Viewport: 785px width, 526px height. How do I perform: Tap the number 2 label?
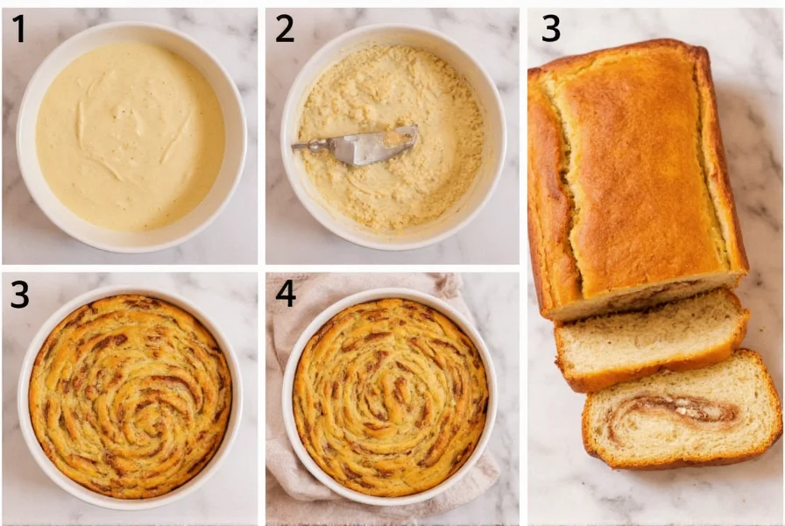[285, 30]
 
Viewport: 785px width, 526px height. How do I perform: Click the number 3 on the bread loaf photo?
[550, 30]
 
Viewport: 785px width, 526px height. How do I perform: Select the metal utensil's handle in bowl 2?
[311, 144]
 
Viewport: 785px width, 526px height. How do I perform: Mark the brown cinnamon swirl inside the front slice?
[675, 409]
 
